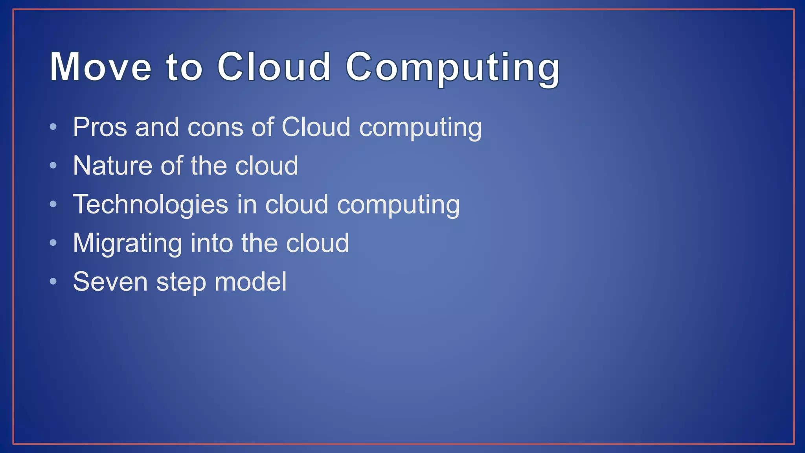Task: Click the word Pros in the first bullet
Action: [x=100, y=127]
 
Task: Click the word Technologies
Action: [x=151, y=204]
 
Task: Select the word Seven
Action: [x=110, y=282]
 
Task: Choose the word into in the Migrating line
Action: [x=212, y=243]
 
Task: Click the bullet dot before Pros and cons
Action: [x=53, y=127]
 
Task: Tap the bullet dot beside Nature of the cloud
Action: [x=53, y=166]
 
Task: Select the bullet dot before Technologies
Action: [x=53, y=204]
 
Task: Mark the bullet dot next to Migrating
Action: [x=53, y=243]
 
